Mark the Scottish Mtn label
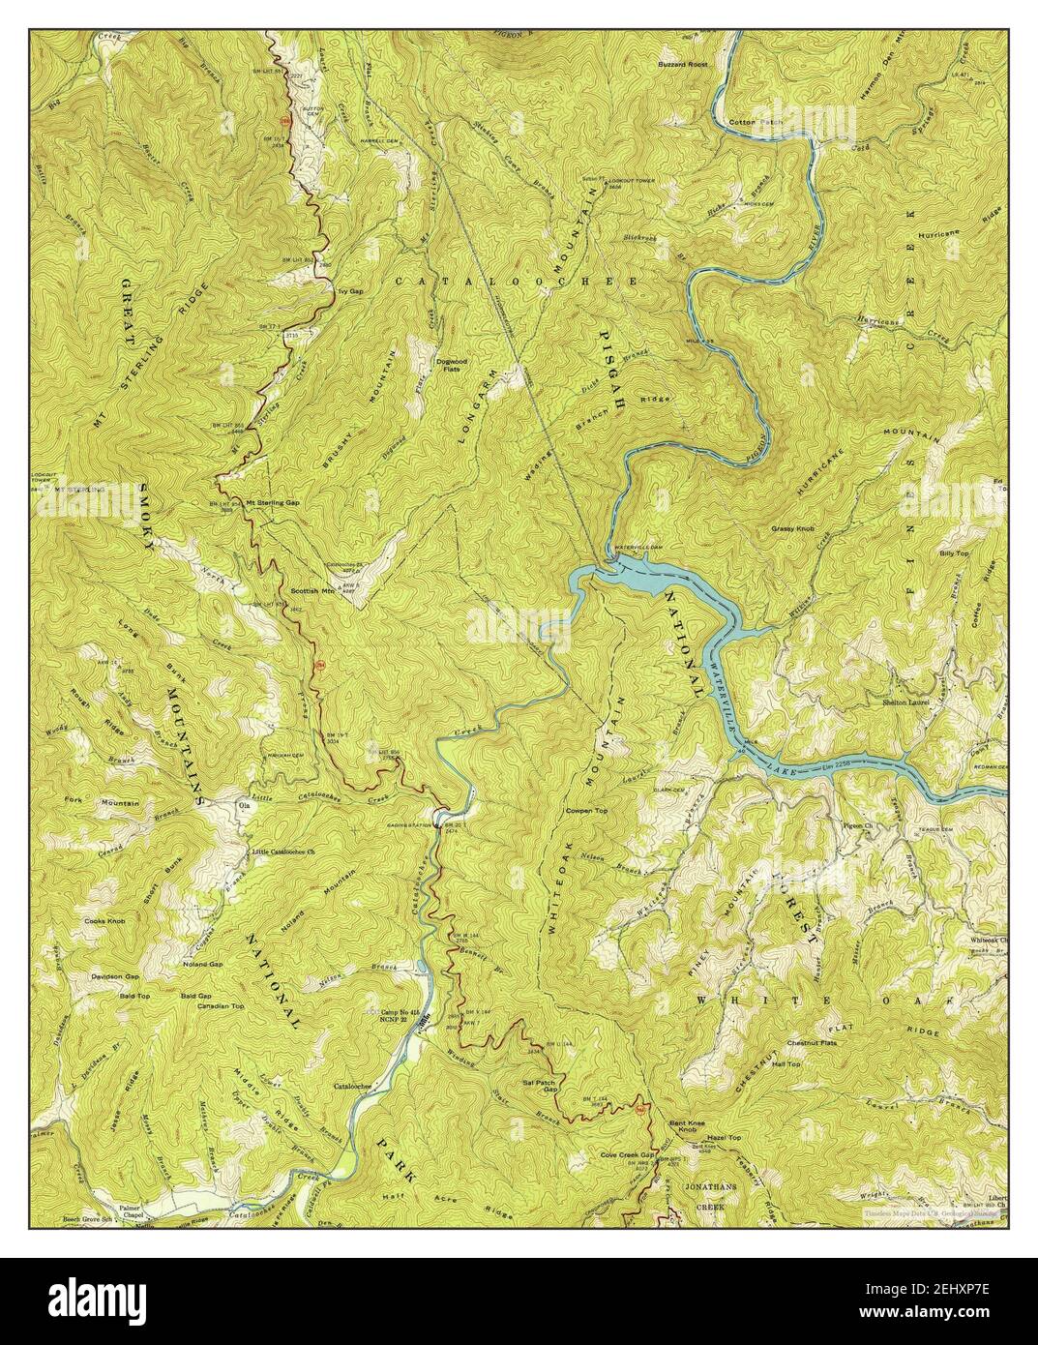coord(311,590)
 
